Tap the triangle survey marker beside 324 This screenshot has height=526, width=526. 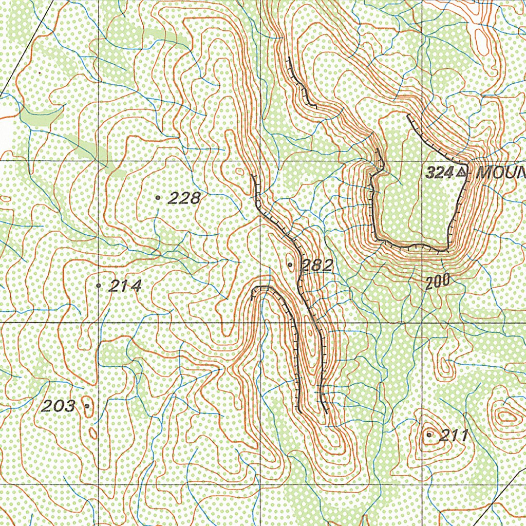point(462,173)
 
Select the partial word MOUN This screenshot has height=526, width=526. point(501,173)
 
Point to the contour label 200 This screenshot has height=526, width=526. point(438,280)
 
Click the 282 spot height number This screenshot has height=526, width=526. point(317,265)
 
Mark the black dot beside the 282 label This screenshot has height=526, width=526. point(291,265)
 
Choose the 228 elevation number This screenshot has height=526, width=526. point(184,198)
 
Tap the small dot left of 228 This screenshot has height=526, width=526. point(158,197)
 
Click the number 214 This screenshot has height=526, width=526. point(125,286)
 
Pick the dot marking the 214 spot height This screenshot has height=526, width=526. point(99,285)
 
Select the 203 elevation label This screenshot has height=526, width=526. point(58,407)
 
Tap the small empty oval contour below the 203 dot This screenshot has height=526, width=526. point(93,433)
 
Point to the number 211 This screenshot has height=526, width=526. point(454,436)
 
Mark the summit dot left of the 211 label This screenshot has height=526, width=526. point(429,435)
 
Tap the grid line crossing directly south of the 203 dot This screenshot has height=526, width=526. point(98,486)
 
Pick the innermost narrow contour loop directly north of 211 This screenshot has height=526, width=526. point(446,366)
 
